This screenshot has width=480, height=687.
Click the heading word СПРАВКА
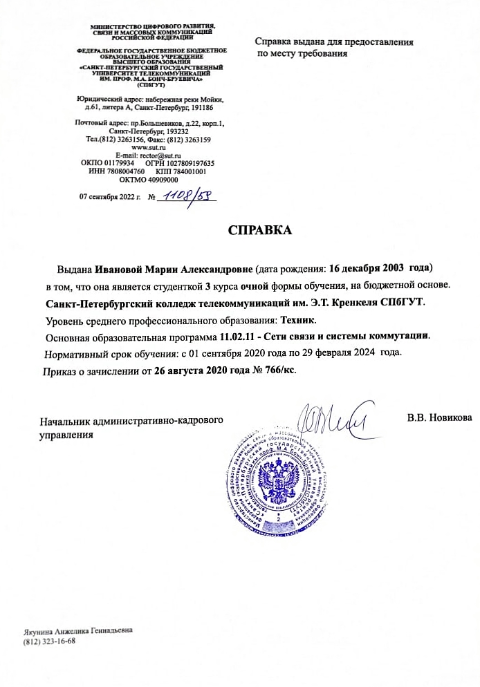[x=261, y=231]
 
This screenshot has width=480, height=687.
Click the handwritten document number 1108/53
[x=188, y=196]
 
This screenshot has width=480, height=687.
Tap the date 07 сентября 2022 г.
[x=111, y=197]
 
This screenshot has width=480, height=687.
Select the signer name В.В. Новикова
[x=440, y=419]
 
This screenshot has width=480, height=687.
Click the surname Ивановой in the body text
[x=118, y=267]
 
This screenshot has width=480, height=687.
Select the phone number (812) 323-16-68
[x=49, y=641]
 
